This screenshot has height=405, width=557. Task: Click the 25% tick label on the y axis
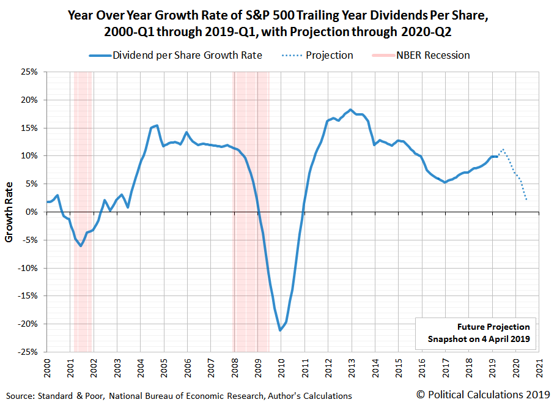pos(29,72)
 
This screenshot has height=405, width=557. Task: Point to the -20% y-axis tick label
pos(28,324)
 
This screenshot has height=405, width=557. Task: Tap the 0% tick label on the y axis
pos(31,212)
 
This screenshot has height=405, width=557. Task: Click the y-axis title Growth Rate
pos(9,212)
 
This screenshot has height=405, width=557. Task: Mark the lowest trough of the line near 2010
pos(281,330)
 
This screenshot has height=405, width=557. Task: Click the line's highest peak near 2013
pos(350,110)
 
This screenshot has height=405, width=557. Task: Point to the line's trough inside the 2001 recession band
pos(81,246)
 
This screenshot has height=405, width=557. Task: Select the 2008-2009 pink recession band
pos(251,184)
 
